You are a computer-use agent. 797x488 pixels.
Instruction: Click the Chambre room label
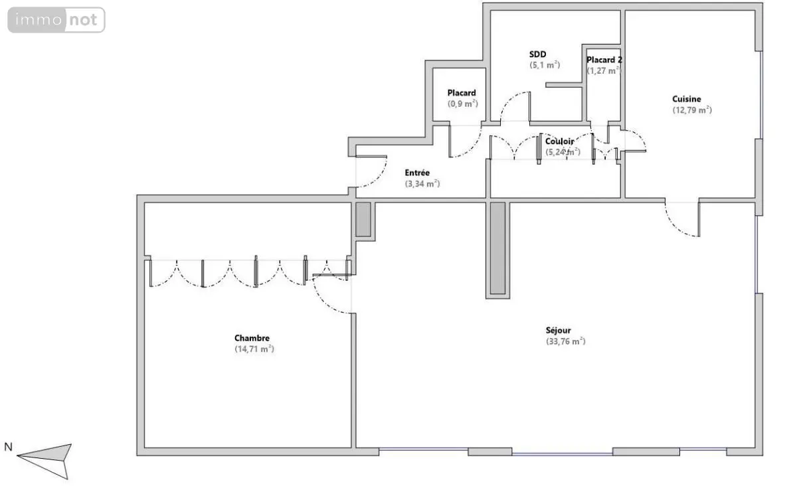[x=252, y=338]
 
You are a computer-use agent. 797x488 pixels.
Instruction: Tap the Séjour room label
[x=559, y=331]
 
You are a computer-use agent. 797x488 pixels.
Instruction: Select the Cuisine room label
[x=687, y=99]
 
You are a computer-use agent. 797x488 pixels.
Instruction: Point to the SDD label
[x=537, y=54]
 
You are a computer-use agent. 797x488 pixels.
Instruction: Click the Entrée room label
[x=417, y=173]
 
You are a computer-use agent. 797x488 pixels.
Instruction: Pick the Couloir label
[x=560, y=141]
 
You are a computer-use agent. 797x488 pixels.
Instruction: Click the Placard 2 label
[x=604, y=60]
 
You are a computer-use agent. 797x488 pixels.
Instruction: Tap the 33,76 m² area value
[x=566, y=341]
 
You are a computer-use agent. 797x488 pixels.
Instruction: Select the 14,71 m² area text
[x=254, y=349]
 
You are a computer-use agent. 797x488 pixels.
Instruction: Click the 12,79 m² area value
[x=692, y=110]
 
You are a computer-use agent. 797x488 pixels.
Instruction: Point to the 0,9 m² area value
[x=462, y=104]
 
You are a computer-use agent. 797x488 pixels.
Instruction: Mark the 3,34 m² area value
[x=422, y=184]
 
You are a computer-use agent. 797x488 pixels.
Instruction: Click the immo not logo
[x=56, y=20]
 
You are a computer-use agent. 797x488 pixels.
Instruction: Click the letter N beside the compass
[x=8, y=447]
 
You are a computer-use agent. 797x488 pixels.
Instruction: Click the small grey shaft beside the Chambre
[x=363, y=219]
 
